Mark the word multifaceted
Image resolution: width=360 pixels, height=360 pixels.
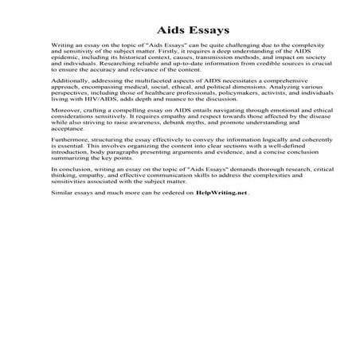coord(139,94)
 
